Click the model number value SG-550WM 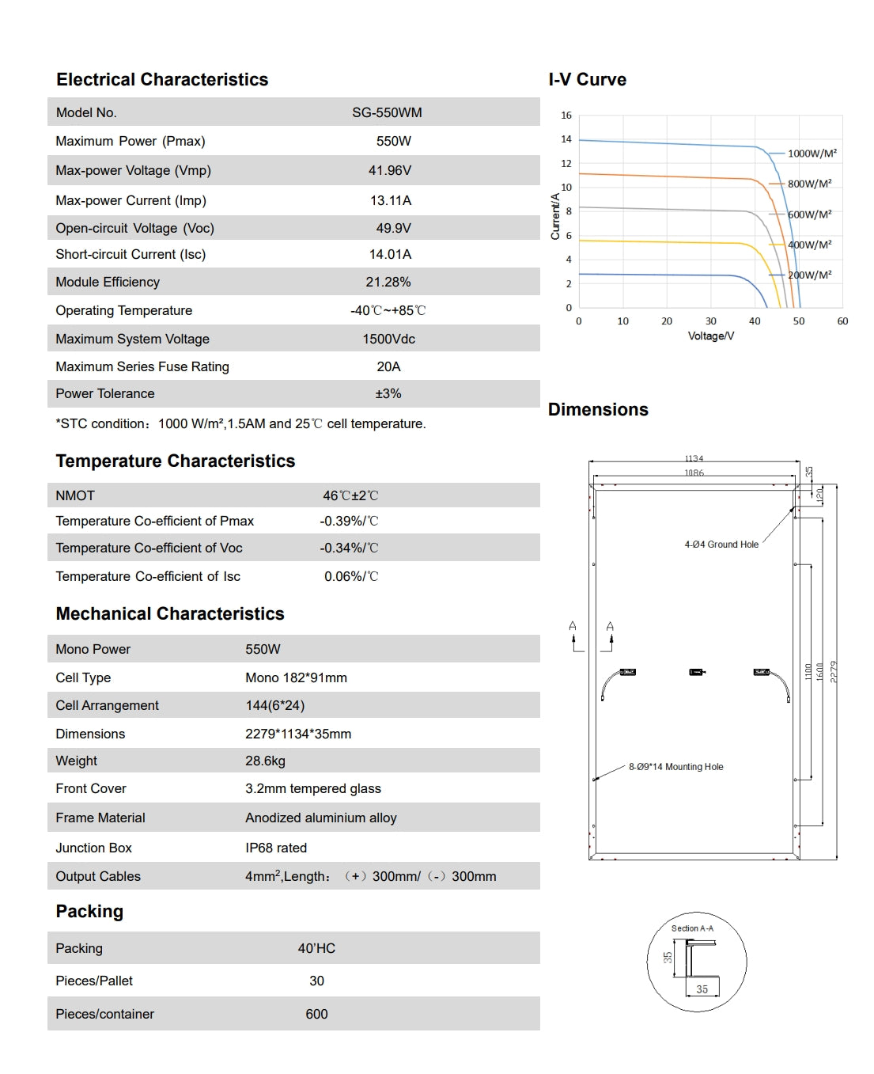click(x=387, y=112)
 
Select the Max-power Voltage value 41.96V click(x=390, y=170)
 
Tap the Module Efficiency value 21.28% click(x=388, y=282)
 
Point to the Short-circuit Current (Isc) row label click(x=131, y=254)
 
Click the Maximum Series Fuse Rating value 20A click(x=388, y=366)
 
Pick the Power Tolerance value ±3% click(x=388, y=393)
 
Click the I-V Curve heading click(x=587, y=80)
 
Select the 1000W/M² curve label click(x=812, y=154)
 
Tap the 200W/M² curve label click(x=809, y=275)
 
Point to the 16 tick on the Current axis click(x=566, y=116)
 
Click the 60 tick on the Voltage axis click(x=842, y=321)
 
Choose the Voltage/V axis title click(x=710, y=336)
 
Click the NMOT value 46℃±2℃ click(x=350, y=495)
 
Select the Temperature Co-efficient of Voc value click(x=349, y=548)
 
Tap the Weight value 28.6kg click(x=265, y=761)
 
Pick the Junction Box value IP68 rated click(x=276, y=848)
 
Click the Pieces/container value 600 click(x=316, y=1014)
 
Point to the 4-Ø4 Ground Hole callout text click(x=721, y=545)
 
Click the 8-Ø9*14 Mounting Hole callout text click(x=675, y=767)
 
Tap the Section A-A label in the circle click(x=692, y=928)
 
